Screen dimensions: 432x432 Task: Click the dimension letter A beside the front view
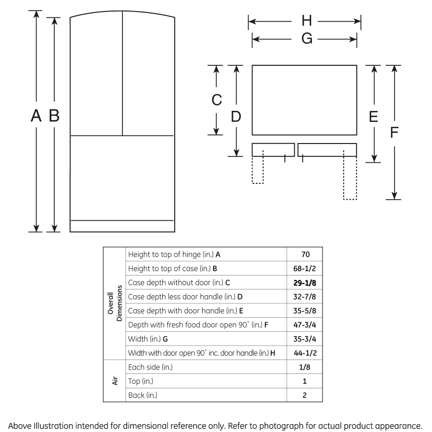click(35, 116)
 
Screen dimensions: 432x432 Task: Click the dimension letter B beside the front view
click(54, 116)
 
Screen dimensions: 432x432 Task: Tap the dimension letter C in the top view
click(216, 100)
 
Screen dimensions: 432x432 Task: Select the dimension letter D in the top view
click(236, 117)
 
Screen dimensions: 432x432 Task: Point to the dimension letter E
click(374, 117)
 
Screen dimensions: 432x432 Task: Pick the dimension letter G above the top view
click(306, 39)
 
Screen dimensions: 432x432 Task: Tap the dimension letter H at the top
click(306, 21)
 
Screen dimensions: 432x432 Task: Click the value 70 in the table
click(305, 254)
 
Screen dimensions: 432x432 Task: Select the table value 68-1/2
click(305, 268)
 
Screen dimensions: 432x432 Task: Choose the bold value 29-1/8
click(305, 283)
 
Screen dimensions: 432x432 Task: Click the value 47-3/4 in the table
click(305, 325)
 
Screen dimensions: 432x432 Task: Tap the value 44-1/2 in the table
click(305, 353)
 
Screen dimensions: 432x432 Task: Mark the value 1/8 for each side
click(305, 367)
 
